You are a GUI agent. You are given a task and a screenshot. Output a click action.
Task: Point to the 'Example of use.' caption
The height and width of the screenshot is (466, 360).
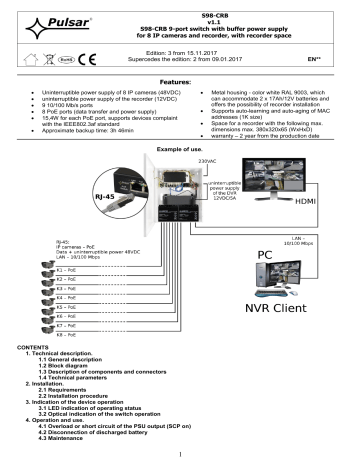[180, 147]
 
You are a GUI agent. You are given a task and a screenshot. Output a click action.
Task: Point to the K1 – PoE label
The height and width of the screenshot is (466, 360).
[68, 270]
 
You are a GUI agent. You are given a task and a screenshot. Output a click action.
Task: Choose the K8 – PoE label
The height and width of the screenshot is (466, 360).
[68, 367]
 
